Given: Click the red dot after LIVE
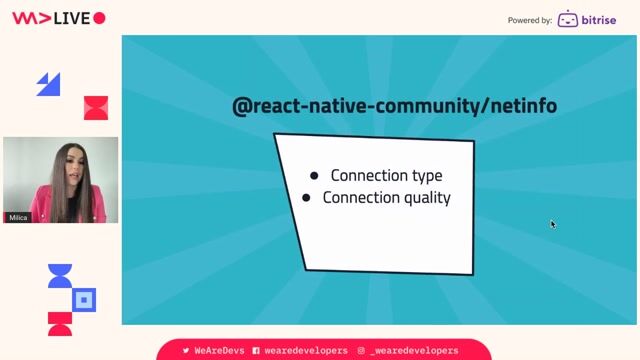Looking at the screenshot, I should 99,18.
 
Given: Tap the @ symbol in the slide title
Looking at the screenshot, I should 241,105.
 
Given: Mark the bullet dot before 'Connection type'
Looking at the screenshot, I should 314,176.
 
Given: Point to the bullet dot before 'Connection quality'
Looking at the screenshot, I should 306,198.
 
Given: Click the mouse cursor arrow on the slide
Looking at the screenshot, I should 552,224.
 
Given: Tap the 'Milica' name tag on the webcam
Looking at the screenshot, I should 18,217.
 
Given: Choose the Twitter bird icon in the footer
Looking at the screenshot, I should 185,351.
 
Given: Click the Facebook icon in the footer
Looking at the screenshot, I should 256,351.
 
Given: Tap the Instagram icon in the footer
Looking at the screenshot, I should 361,351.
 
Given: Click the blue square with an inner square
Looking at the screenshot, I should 85,298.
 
